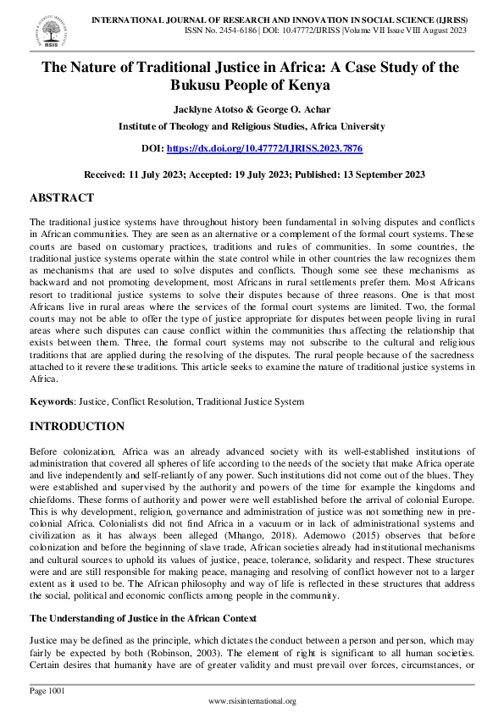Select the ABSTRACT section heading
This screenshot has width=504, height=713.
[x=62, y=197]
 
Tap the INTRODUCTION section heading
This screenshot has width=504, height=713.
[x=77, y=426]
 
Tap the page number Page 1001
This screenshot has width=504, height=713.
[x=46, y=691]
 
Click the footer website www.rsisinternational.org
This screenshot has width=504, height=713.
[x=252, y=701]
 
